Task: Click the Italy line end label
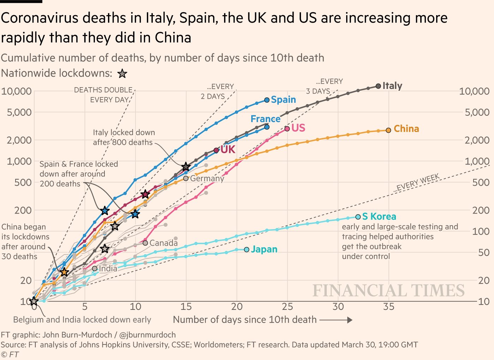point(392,86)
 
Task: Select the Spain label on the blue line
point(283,100)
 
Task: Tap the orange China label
point(406,129)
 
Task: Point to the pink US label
point(298,128)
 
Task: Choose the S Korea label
point(379,216)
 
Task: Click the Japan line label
point(264,249)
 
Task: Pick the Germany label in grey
point(207,178)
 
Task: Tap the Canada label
point(163,243)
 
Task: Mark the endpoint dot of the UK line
point(216,150)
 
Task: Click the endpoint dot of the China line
point(388,130)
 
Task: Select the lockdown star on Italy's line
point(186,167)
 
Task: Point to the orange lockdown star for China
point(64,272)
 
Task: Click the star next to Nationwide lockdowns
point(122,73)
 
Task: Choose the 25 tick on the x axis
point(287,307)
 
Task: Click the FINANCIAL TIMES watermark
point(388,290)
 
